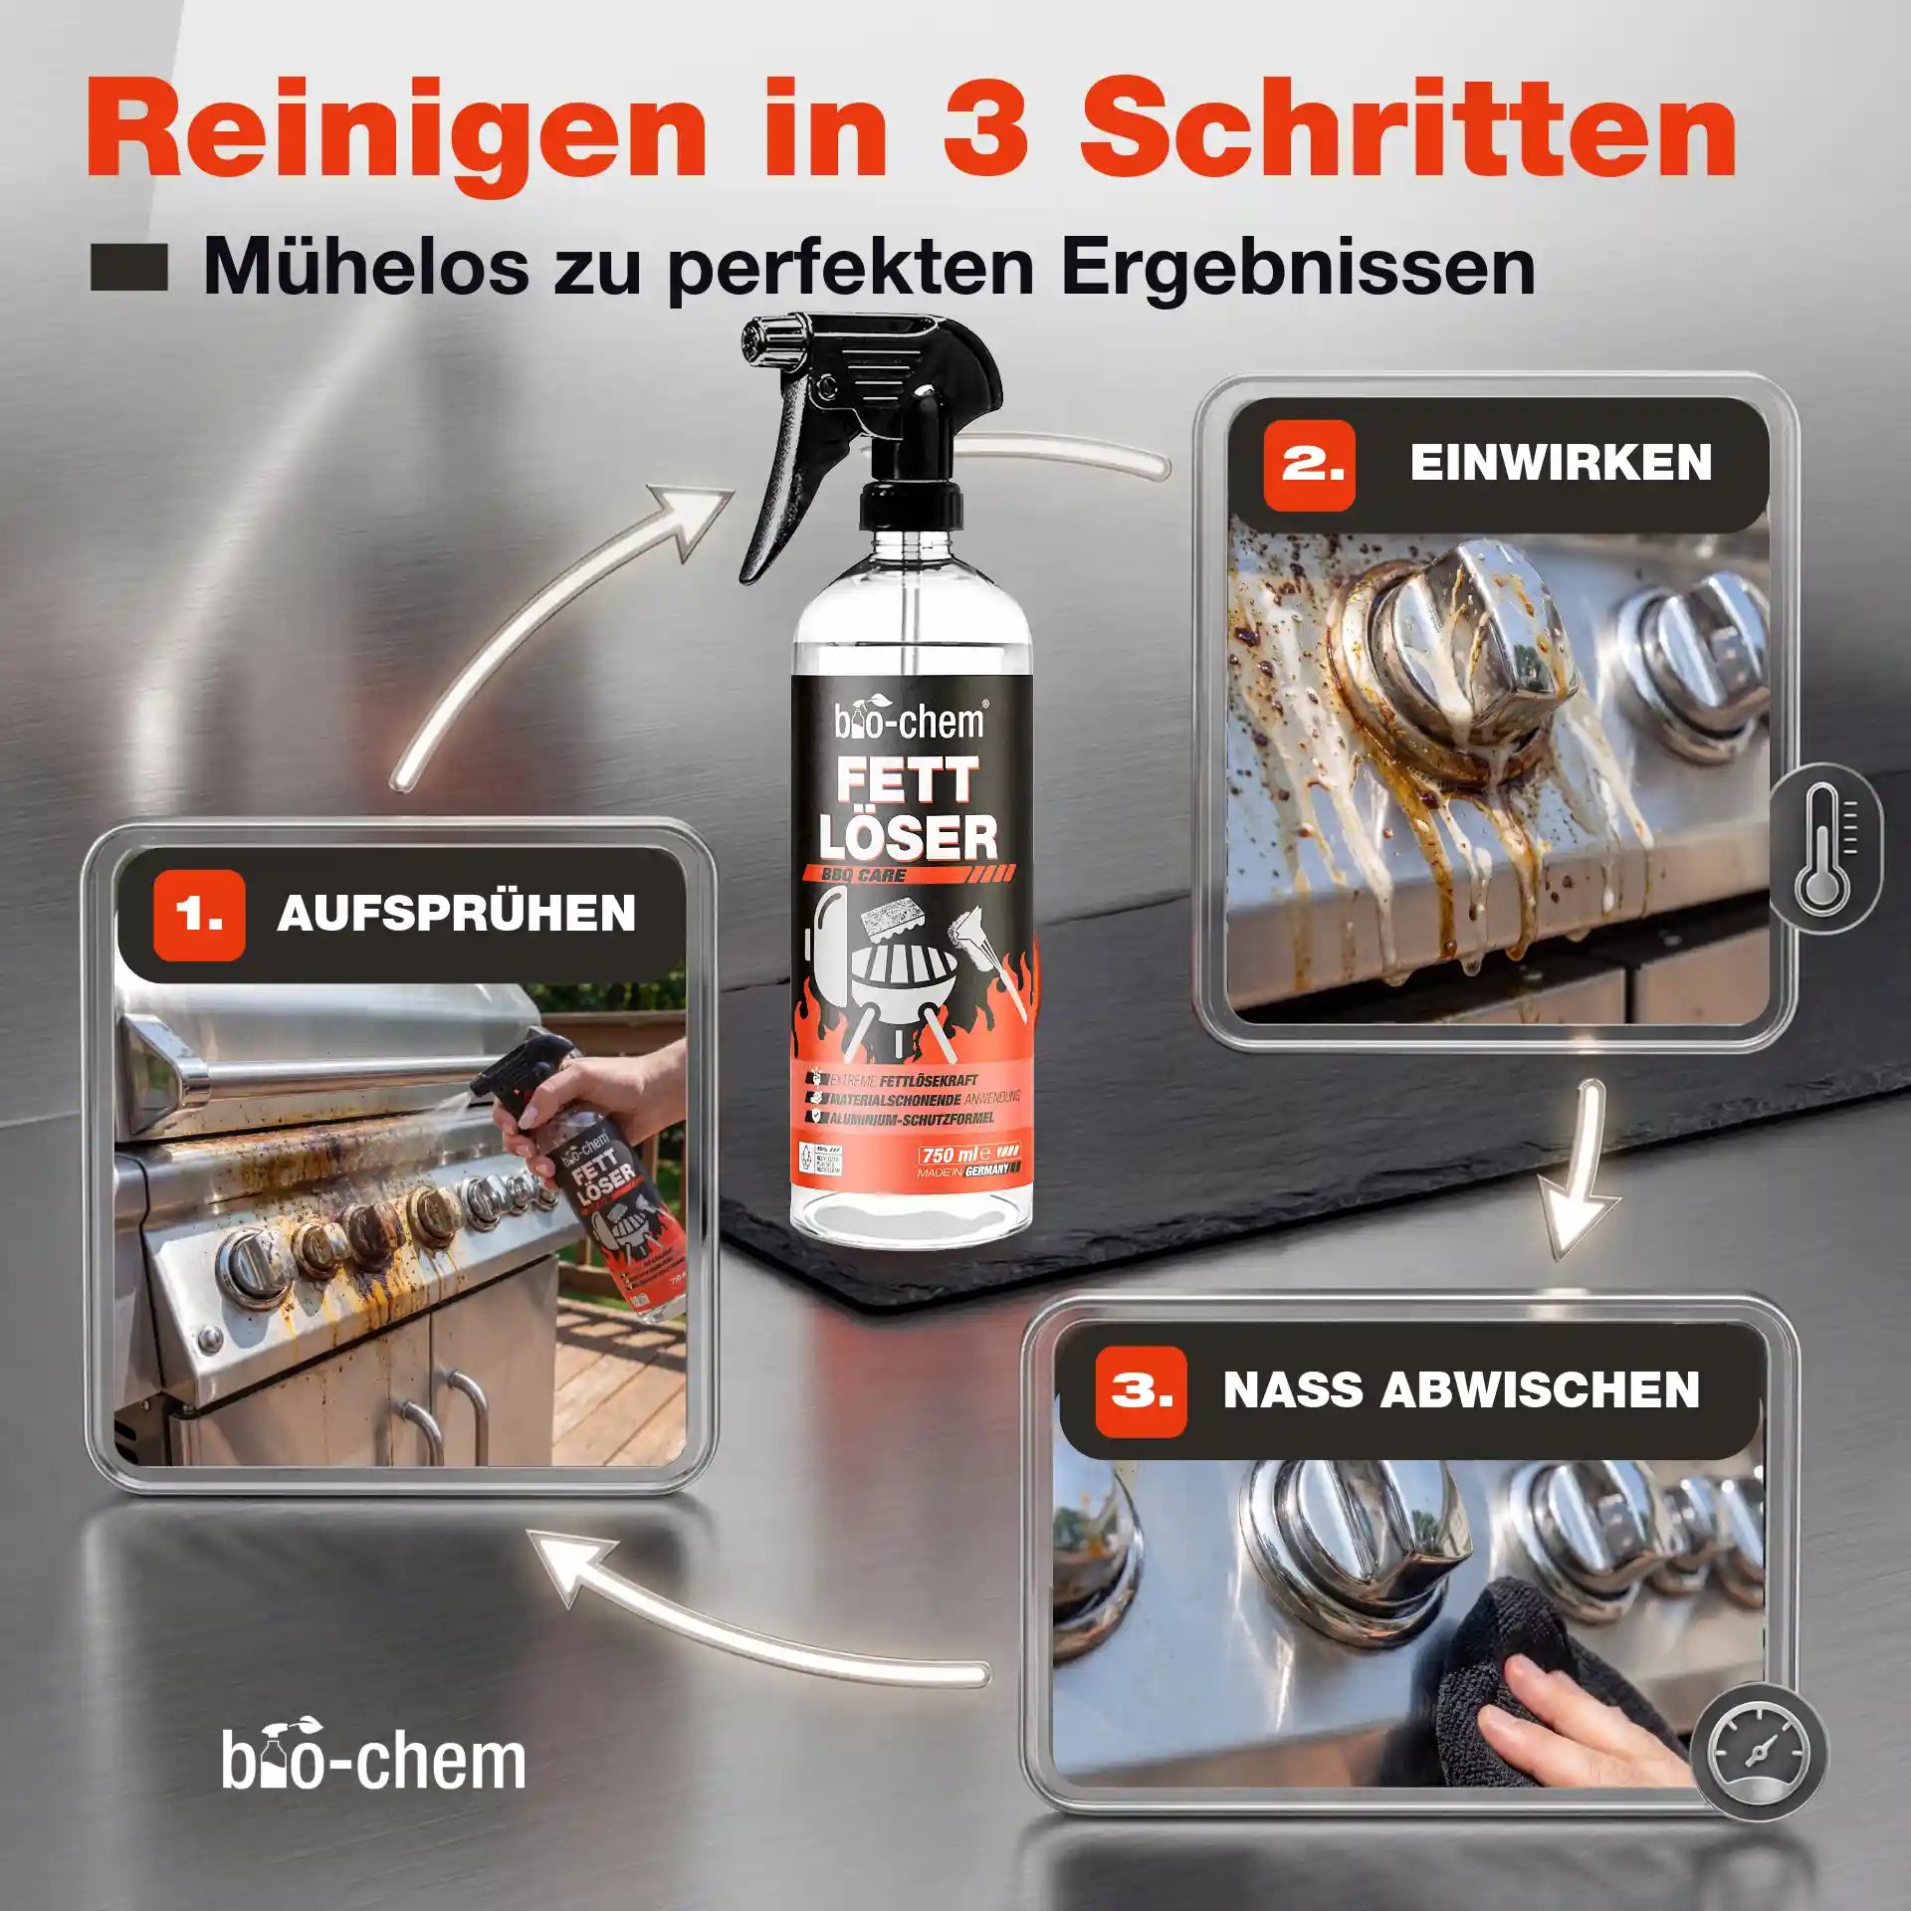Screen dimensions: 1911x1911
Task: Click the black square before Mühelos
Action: [128, 270]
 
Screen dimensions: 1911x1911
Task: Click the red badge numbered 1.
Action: [199, 915]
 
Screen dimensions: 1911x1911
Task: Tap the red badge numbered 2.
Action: [1309, 465]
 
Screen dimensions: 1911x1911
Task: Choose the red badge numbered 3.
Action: [1141, 1391]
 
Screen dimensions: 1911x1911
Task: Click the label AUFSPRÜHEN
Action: [456, 915]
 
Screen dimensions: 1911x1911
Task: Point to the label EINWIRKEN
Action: [1561, 464]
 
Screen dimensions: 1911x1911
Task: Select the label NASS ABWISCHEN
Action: [1461, 1390]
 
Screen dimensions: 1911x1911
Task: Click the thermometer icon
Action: [1823, 848]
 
